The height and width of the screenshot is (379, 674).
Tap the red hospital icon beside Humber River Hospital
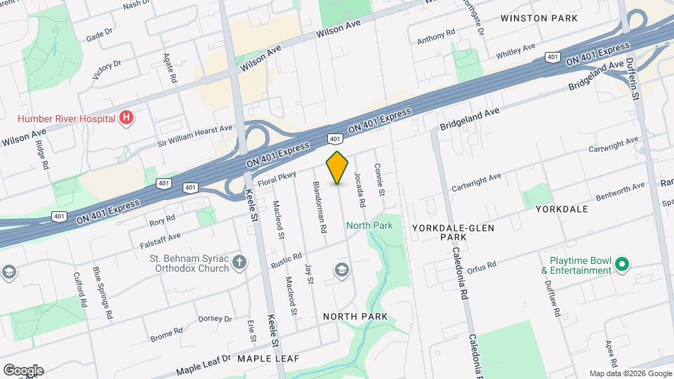126,118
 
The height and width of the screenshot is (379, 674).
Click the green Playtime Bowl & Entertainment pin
621,265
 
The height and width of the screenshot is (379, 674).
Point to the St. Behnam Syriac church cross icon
240,263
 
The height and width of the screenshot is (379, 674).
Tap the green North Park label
369,225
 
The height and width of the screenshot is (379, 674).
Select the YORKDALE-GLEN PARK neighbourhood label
453,233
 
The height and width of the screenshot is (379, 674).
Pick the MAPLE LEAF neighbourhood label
267,359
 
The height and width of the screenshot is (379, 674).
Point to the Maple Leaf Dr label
203,362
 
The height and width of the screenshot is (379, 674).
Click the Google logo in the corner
23,371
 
